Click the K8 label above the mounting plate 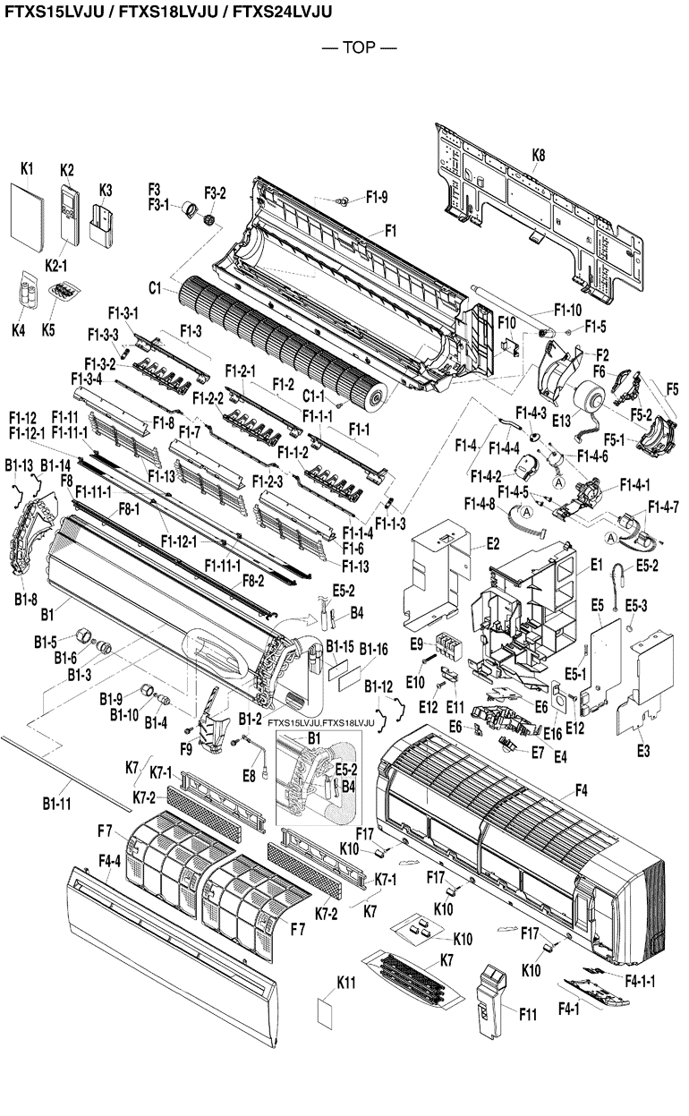538,155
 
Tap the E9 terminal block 447,645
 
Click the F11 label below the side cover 528,1014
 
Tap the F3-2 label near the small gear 216,192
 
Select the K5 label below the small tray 48,329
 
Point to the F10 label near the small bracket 506,322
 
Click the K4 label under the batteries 19,329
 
